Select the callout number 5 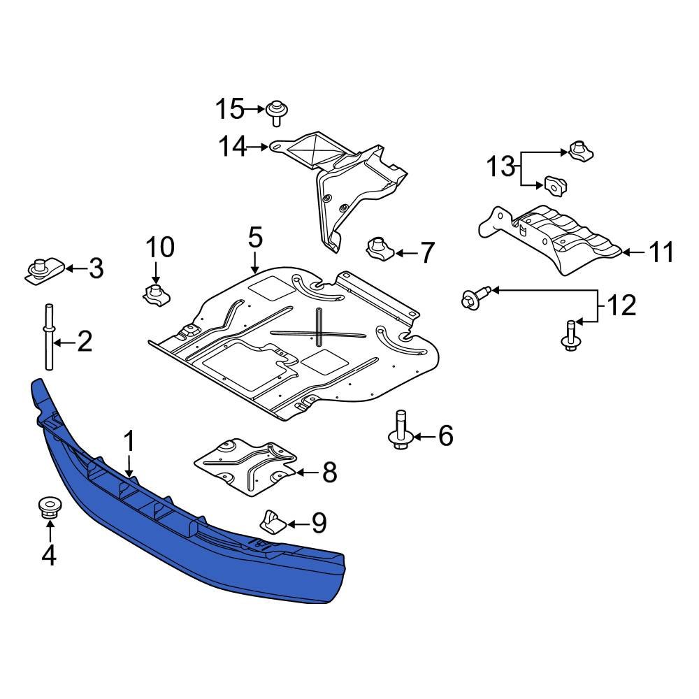(255, 238)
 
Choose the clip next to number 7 (378, 247)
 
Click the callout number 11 (660, 252)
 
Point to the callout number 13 (500, 168)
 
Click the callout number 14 (232, 147)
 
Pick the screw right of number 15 (277, 112)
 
